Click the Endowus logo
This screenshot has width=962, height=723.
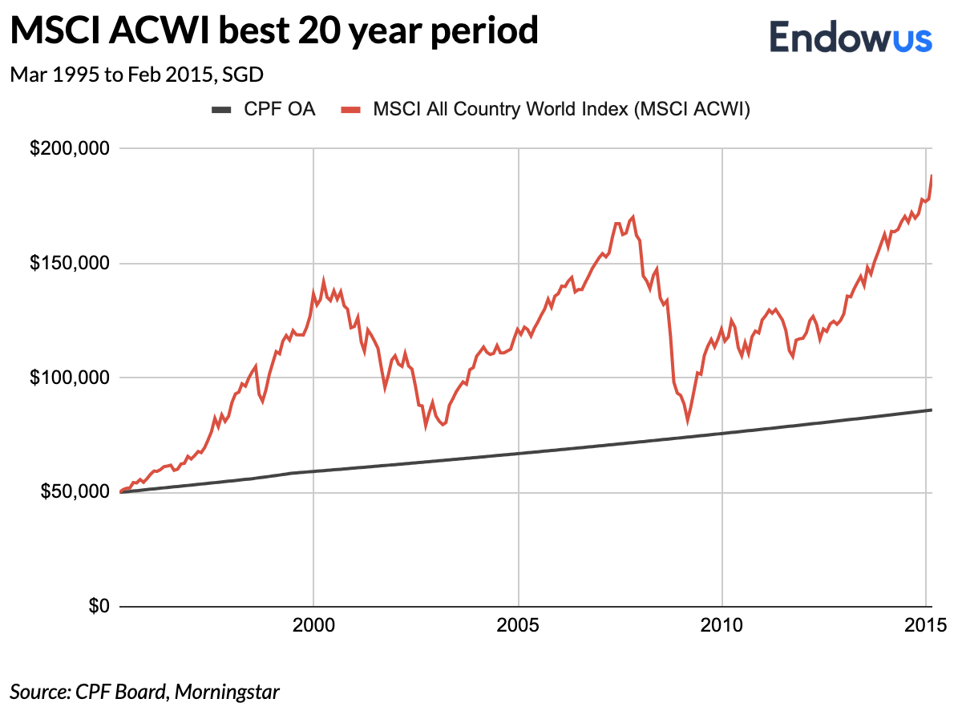click(851, 38)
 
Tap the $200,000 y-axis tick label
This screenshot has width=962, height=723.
click(68, 149)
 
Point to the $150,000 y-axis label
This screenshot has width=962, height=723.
click(68, 264)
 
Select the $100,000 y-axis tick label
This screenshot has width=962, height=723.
click(68, 378)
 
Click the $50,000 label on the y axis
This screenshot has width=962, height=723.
click(72, 491)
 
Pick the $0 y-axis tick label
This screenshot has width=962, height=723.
click(97, 606)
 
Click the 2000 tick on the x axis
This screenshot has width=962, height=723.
click(313, 624)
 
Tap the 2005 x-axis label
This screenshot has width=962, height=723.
click(519, 624)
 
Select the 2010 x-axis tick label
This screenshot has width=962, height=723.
click(723, 624)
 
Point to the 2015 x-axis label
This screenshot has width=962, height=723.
click(928, 624)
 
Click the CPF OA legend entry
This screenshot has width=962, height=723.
click(264, 110)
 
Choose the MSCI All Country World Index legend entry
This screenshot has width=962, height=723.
click(545, 110)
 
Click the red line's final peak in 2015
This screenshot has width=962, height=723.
click(932, 176)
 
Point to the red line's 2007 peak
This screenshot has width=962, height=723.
click(633, 217)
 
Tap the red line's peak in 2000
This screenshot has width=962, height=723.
click(324, 281)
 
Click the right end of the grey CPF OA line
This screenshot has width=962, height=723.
click(931, 410)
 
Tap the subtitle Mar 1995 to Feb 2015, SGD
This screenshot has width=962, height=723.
click(137, 75)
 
